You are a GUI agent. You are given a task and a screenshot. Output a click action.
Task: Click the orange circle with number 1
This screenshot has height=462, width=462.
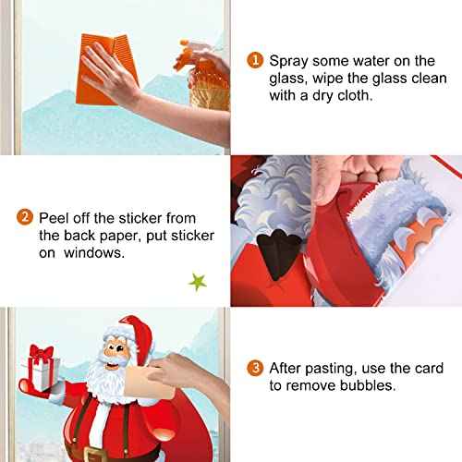click(254, 60)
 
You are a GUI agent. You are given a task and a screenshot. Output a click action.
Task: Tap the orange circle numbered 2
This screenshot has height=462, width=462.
click(27, 218)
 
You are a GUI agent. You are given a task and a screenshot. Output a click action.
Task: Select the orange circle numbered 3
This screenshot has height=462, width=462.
click(254, 366)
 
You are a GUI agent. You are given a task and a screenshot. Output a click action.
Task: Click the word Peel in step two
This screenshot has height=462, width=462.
click(56, 218)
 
